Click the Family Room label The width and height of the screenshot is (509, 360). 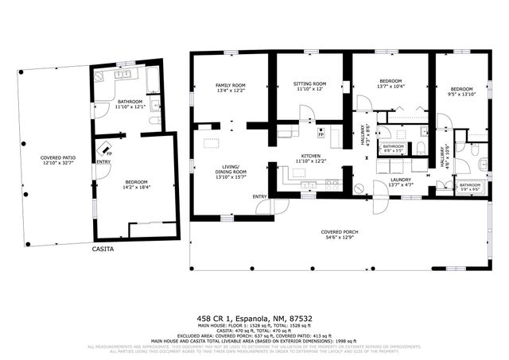[231, 87]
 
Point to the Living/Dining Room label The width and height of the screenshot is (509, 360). [230, 172]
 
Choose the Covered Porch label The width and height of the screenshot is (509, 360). [339, 234]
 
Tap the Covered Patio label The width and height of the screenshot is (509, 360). [57, 161]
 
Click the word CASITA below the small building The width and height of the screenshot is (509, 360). [102, 249]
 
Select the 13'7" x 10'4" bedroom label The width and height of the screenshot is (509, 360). [390, 83]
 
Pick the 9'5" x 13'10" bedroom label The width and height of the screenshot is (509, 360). [461, 91]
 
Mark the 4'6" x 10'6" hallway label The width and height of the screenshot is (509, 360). [446, 156]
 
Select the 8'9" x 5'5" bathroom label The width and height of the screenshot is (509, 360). [393, 148]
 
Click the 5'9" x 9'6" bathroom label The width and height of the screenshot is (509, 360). [470, 187]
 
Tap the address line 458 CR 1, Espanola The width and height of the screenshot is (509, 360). [254, 319]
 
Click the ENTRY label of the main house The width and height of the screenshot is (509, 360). [260, 196]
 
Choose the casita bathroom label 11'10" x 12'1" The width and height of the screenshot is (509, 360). [130, 103]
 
